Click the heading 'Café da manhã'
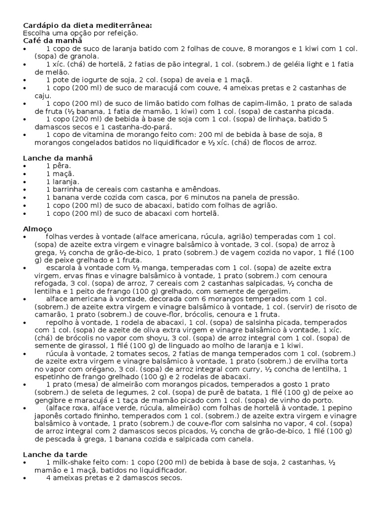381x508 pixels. [52, 41]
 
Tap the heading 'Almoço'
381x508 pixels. [38, 229]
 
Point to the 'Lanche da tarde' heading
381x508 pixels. [55, 454]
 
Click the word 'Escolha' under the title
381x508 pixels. [36, 33]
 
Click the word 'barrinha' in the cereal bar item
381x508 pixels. [67, 189]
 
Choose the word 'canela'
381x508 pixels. [241, 440]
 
